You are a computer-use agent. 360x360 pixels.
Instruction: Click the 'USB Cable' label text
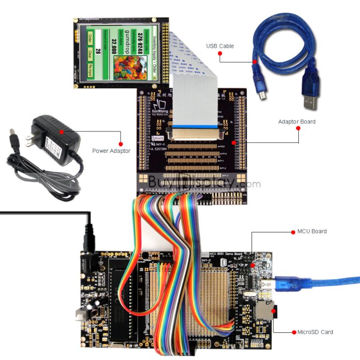pos(220,46)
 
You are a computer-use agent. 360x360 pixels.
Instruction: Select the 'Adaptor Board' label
pos(296,122)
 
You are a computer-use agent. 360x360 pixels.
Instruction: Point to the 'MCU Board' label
pos(312,231)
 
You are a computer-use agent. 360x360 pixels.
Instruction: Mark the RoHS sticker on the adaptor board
pos(159,139)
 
